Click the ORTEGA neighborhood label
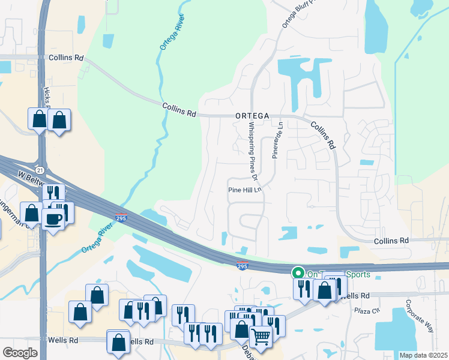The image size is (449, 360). (x=252, y=115)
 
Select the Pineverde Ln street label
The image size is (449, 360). (x=277, y=140)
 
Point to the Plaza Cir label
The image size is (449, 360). (x=367, y=310)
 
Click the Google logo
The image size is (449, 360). (x=20, y=352)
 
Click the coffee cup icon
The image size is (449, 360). (x=53, y=218)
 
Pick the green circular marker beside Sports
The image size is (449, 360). (x=297, y=273)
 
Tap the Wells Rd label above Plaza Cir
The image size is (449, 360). (x=354, y=295)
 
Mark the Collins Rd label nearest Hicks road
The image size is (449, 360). (x=66, y=58)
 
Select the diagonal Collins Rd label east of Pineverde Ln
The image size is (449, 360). (x=322, y=134)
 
